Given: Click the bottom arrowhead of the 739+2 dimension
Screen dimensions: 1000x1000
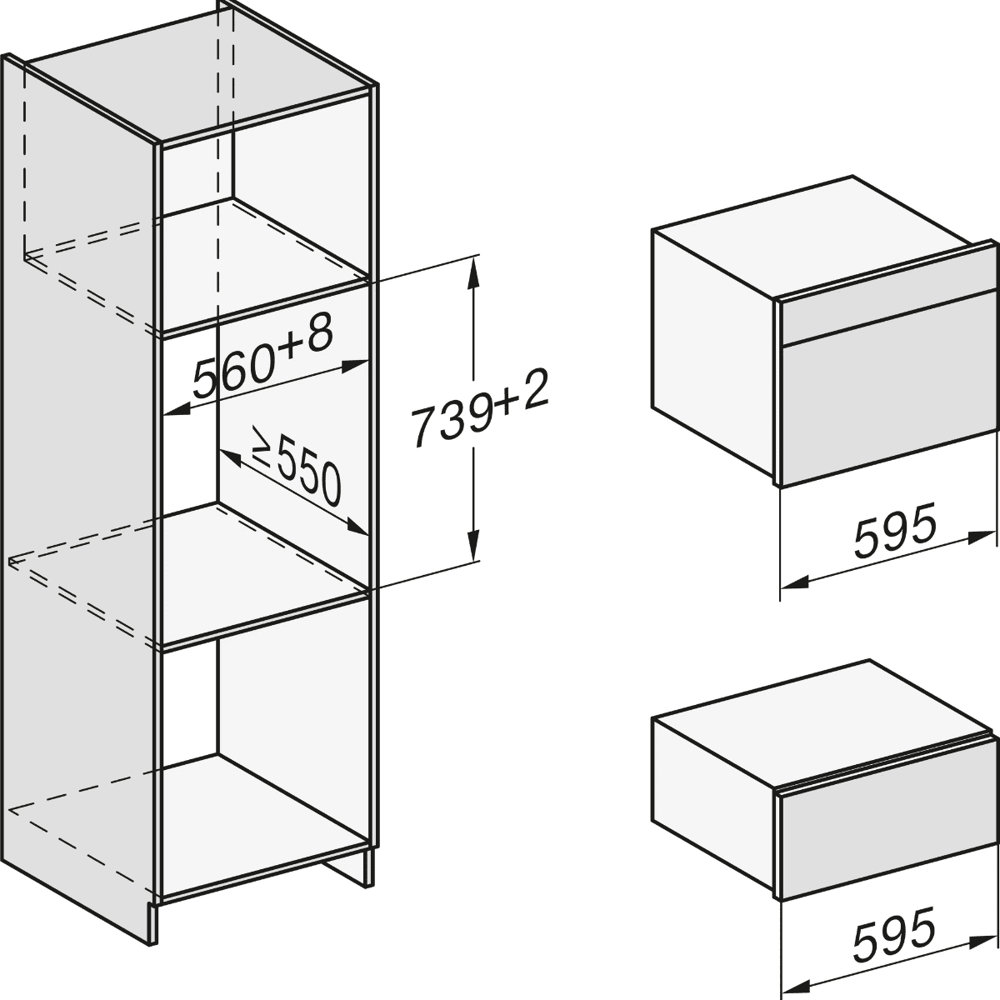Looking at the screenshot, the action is pos(472,542).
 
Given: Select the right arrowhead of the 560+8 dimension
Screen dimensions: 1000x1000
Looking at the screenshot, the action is pos(355,365).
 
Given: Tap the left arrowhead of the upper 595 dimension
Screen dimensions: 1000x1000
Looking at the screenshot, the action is pos(794,582).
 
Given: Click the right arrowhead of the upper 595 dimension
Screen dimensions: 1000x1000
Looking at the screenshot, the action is pos(982,537).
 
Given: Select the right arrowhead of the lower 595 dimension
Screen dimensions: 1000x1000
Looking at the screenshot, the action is pos(982,928).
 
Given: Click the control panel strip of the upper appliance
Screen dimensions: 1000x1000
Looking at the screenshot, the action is pos(889,315).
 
